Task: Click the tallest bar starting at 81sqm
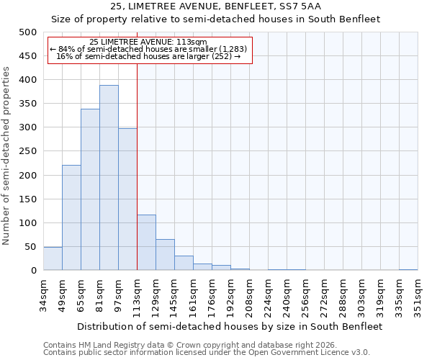(x=109, y=178)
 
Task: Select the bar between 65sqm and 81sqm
(x=90, y=189)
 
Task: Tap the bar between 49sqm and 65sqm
(x=71, y=217)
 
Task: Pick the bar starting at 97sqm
(x=127, y=199)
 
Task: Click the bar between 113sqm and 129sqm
(x=146, y=243)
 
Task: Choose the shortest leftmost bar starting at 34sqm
(x=53, y=258)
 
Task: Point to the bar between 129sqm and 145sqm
(x=165, y=255)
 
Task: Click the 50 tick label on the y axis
(x=31, y=247)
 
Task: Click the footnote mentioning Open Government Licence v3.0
(x=207, y=352)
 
